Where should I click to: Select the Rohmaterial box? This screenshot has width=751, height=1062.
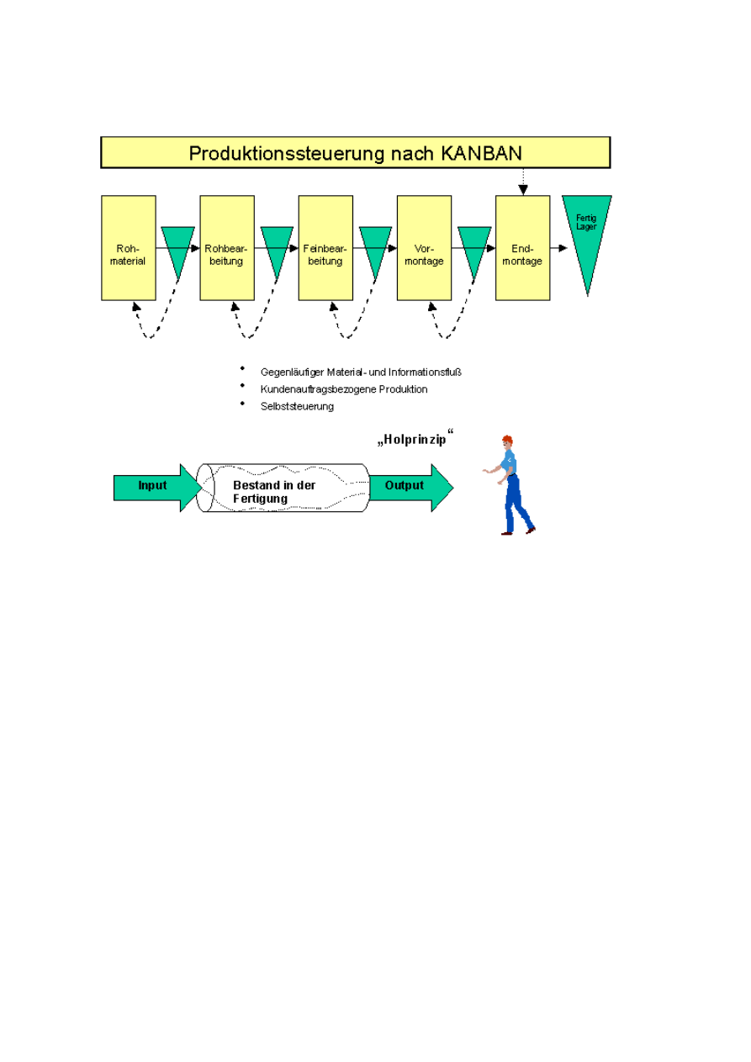129,248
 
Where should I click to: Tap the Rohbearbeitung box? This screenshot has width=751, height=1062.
227,248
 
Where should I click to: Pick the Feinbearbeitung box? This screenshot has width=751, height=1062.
325,248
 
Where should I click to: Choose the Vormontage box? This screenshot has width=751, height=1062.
424,248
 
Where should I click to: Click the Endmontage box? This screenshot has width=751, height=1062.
522,248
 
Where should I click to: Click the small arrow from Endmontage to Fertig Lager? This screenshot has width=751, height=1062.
559,248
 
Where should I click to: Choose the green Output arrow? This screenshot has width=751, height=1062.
409,486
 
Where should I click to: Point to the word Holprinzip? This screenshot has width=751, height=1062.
415,439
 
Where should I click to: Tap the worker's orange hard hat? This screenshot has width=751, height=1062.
506,440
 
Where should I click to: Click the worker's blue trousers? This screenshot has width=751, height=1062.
515,505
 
